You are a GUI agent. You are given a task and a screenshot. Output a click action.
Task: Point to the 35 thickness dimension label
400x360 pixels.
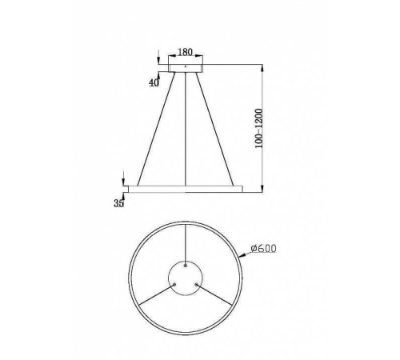tap(118, 205)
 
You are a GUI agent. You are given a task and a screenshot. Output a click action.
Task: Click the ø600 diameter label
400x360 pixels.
tap(263, 249)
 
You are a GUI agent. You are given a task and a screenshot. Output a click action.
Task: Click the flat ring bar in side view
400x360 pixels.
tap(186, 189)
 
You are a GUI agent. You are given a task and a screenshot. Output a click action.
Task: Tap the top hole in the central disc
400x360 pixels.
tap(186, 266)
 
